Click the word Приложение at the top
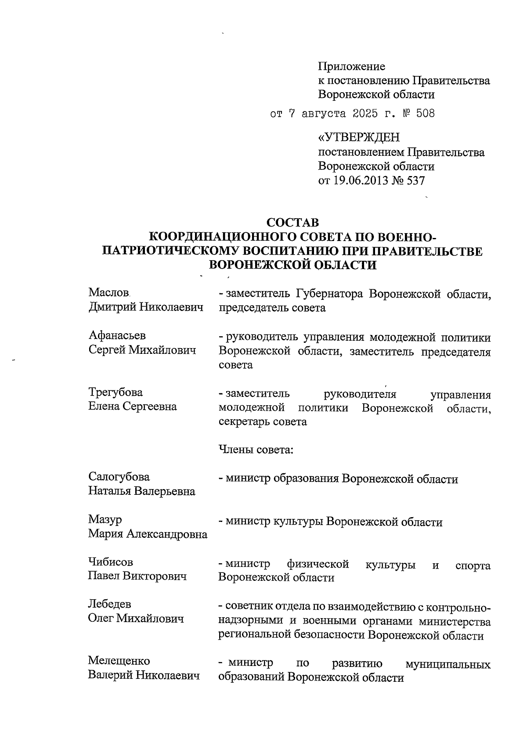tap(351, 66)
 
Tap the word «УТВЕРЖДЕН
tap(359, 138)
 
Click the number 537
tap(415, 180)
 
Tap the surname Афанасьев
tap(117, 335)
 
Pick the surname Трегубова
tap(116, 392)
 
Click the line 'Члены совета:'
tap(256, 450)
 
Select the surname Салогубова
tap(119, 477)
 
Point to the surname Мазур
tap(105, 519)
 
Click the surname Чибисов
tap(110, 562)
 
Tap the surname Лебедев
tap(110, 605)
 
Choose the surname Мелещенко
tap(119, 661)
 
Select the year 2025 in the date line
tap(364, 113)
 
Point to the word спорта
tap(473, 565)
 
